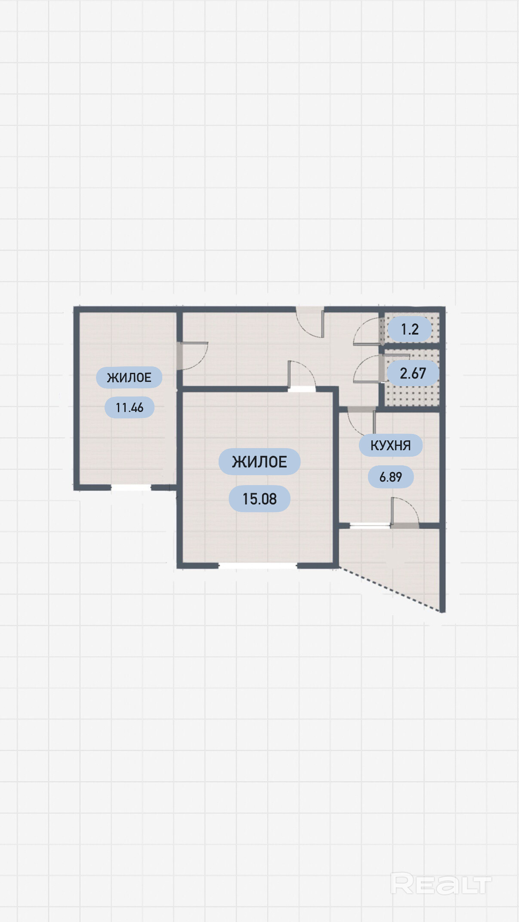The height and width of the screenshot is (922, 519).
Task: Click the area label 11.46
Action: click(x=130, y=407)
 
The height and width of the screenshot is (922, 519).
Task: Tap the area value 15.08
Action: click(x=259, y=499)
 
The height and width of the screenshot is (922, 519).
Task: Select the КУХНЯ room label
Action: click(x=391, y=445)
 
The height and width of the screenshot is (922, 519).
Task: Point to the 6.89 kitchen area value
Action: click(x=391, y=477)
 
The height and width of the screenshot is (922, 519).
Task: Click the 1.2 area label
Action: click(x=410, y=329)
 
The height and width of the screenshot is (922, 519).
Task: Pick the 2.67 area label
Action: click(x=413, y=373)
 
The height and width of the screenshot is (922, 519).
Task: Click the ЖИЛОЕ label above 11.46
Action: click(x=129, y=378)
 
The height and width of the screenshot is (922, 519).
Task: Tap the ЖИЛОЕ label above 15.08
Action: click(x=259, y=462)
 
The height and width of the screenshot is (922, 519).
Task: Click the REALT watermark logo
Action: click(x=441, y=884)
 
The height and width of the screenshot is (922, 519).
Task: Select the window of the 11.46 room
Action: click(x=131, y=488)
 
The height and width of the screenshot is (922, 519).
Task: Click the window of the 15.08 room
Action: click(x=258, y=566)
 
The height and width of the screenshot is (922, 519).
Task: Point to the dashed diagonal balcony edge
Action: click(x=392, y=589)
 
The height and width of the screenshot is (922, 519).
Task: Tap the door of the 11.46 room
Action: click(x=192, y=356)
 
